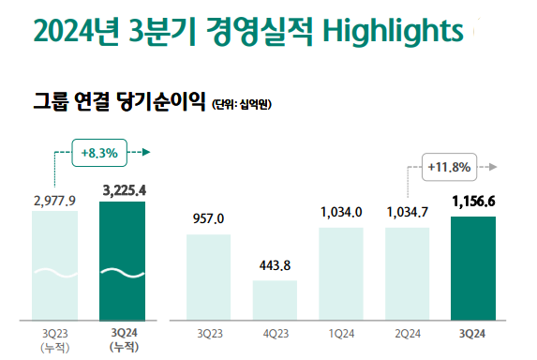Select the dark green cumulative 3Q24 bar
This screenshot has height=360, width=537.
pos(123,261)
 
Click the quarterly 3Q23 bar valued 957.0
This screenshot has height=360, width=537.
pos(208,277)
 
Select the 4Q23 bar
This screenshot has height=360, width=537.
pos(274,300)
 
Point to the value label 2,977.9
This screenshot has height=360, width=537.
pos(54,199)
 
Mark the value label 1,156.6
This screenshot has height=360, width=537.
pos(472,202)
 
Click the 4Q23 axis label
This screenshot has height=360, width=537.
pos(274,334)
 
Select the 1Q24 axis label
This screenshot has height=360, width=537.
pos(340,334)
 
